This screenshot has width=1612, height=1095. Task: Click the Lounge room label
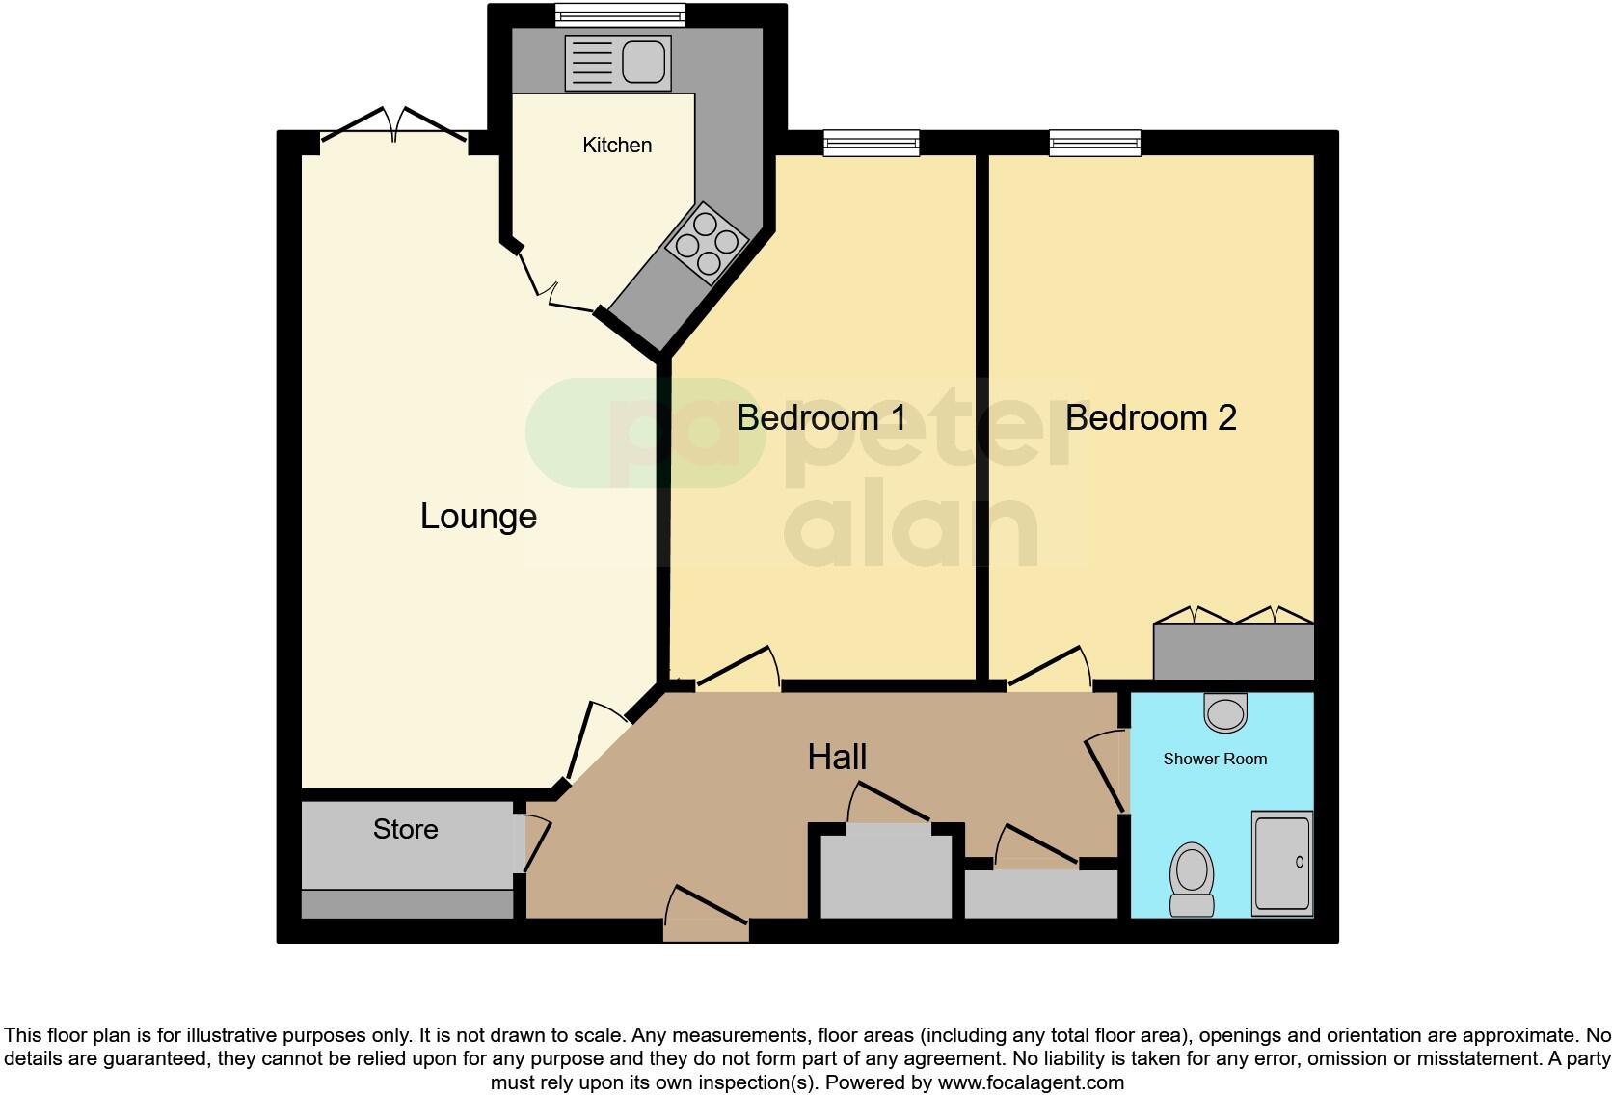click(x=478, y=517)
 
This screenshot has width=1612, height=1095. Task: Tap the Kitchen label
click(x=617, y=145)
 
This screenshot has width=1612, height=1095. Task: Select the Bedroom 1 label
click(x=821, y=417)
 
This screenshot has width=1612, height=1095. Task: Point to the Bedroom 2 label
click(x=1150, y=417)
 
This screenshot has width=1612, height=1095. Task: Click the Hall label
click(x=837, y=757)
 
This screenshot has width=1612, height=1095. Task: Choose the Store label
click(x=405, y=829)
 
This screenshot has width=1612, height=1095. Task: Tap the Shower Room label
click(x=1215, y=759)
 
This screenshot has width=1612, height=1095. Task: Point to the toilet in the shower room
click(x=1193, y=878)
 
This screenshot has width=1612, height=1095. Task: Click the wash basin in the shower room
click(x=1225, y=713)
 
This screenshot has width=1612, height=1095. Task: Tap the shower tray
click(x=1282, y=863)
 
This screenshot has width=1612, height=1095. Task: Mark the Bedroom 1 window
click(x=871, y=144)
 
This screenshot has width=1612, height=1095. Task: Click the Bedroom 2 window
click(x=1095, y=144)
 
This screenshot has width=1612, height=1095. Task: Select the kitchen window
click(x=620, y=14)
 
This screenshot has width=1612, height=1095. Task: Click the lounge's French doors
click(x=394, y=130)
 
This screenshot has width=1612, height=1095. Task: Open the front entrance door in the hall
click(x=706, y=916)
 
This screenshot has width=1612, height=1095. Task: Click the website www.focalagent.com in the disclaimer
click(x=1031, y=1082)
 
